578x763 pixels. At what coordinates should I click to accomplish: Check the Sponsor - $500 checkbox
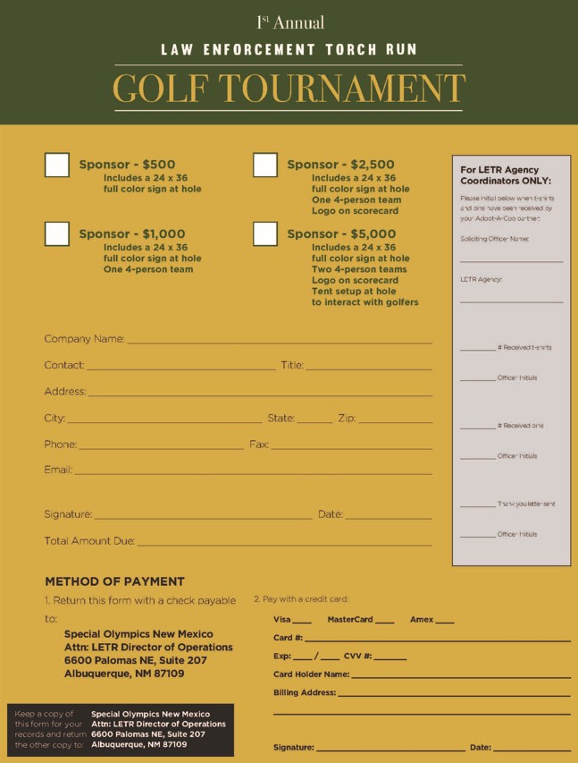[57, 165]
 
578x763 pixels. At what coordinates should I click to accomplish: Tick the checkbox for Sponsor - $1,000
[57, 233]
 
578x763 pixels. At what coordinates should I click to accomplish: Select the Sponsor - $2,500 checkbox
[265, 165]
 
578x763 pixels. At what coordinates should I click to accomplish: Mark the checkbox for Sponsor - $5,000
[265, 233]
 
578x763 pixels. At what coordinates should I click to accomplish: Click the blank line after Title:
[369, 368]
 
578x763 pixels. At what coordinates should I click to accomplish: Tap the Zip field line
[395, 420]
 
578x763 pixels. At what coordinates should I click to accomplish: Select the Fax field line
[351, 446]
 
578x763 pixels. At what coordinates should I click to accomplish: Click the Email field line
[253, 472]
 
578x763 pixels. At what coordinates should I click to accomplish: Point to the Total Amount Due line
[284, 543]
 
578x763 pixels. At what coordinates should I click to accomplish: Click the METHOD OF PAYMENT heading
[114, 581]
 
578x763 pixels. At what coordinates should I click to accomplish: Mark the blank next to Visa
[302, 622]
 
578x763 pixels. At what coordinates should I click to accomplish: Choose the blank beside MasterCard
[385, 622]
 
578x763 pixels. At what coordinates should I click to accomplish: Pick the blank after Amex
[445, 622]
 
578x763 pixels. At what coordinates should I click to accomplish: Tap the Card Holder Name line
[460, 677]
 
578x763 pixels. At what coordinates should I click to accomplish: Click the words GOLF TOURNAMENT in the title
[289, 89]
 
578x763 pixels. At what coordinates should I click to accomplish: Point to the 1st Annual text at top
[289, 22]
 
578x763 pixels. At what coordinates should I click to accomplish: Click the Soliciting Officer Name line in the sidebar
[511, 259]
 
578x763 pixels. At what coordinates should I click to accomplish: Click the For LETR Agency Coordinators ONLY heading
[506, 174]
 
